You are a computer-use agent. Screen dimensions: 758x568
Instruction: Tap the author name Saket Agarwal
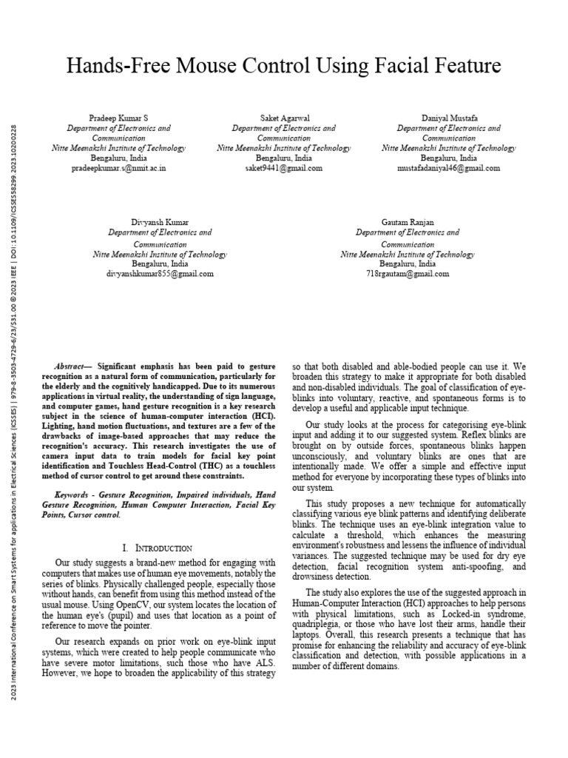[x=283, y=118]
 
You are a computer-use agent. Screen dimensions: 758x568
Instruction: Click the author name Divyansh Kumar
[x=160, y=222]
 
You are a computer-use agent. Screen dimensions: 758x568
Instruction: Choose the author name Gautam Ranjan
[x=407, y=222]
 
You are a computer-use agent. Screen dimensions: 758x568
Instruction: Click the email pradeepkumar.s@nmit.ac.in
[x=118, y=168]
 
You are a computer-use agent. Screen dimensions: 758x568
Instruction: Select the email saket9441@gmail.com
[x=283, y=168]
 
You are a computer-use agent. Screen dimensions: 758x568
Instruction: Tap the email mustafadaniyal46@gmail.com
[x=448, y=168]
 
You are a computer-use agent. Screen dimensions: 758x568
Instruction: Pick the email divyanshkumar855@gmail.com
[x=160, y=273]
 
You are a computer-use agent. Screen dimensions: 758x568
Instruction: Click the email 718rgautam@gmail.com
[x=407, y=273]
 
